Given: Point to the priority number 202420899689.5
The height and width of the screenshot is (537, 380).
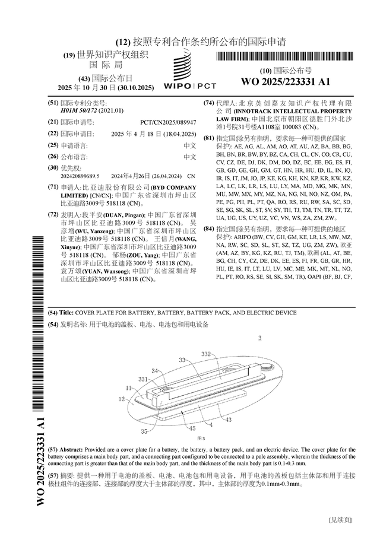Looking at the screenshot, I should click(x=80, y=176).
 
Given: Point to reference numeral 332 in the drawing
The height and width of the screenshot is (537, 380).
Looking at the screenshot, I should click(x=206, y=354).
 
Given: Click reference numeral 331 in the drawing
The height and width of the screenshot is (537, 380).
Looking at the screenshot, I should click(x=142, y=379).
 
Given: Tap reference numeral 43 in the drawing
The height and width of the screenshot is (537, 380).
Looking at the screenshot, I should click(x=228, y=420).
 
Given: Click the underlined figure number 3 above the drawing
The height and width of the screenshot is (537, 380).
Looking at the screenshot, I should click(x=259, y=339).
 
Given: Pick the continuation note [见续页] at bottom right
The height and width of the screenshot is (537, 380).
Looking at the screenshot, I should click(x=340, y=520).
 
